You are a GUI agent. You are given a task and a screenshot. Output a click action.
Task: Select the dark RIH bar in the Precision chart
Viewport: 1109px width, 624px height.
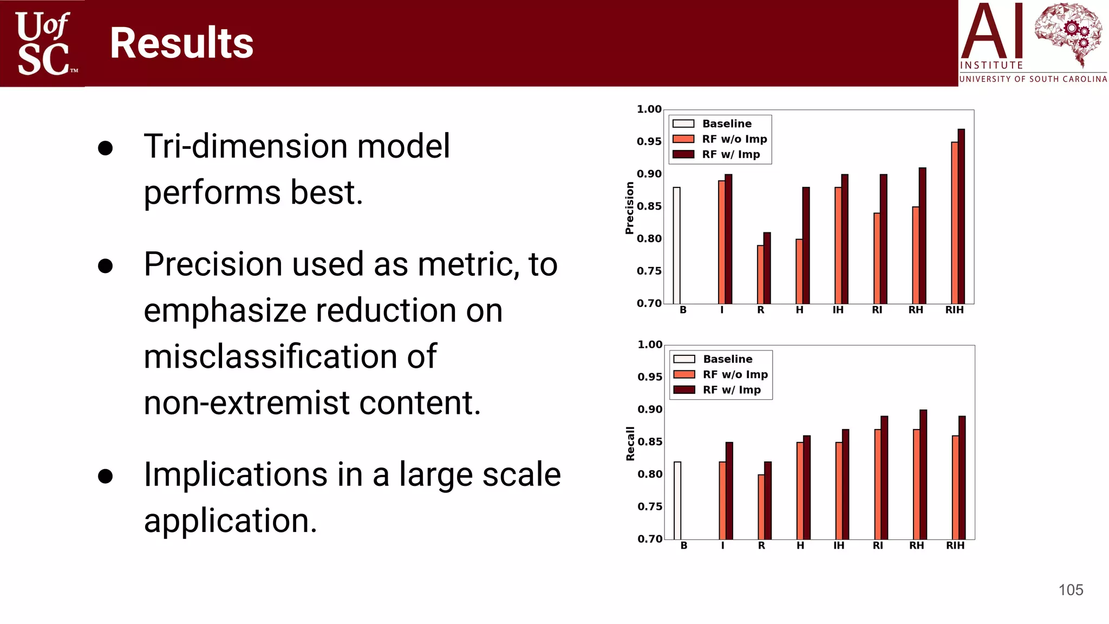pyautogui.click(x=961, y=217)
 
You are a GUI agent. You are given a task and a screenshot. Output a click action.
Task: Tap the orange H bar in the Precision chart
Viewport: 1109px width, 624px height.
pyautogui.click(x=799, y=271)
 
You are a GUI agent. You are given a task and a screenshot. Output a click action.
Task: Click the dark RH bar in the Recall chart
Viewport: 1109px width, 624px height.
pyautogui.click(x=923, y=474)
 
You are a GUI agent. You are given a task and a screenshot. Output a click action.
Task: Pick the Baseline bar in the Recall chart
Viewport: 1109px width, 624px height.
pyautogui.click(x=677, y=500)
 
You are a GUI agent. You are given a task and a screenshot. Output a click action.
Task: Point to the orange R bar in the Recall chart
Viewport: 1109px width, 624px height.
pyautogui.click(x=761, y=506)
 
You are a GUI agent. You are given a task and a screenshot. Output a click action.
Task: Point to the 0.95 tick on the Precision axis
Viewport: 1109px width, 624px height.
pyautogui.click(x=649, y=142)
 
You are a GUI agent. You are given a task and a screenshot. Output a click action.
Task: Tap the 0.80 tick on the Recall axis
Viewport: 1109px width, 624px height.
pyautogui.click(x=649, y=474)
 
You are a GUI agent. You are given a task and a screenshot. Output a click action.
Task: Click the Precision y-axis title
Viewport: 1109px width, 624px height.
pyautogui.click(x=629, y=208)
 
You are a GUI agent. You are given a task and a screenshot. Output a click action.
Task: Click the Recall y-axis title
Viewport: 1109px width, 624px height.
pyautogui.click(x=630, y=444)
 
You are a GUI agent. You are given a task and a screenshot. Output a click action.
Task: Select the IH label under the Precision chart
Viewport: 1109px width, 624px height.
pyautogui.click(x=838, y=310)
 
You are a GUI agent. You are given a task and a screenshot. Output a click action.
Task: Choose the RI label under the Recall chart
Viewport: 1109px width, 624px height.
pyautogui.click(x=877, y=545)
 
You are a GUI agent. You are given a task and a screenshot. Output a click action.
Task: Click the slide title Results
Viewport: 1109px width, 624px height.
pyautogui.click(x=181, y=43)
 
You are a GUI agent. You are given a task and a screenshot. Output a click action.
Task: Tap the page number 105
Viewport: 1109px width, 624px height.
pyautogui.click(x=1071, y=590)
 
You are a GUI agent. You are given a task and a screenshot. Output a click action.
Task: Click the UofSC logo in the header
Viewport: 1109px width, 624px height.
pyautogui.click(x=43, y=43)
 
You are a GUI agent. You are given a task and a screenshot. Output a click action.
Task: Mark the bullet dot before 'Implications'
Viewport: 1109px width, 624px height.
pyautogui.click(x=106, y=476)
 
